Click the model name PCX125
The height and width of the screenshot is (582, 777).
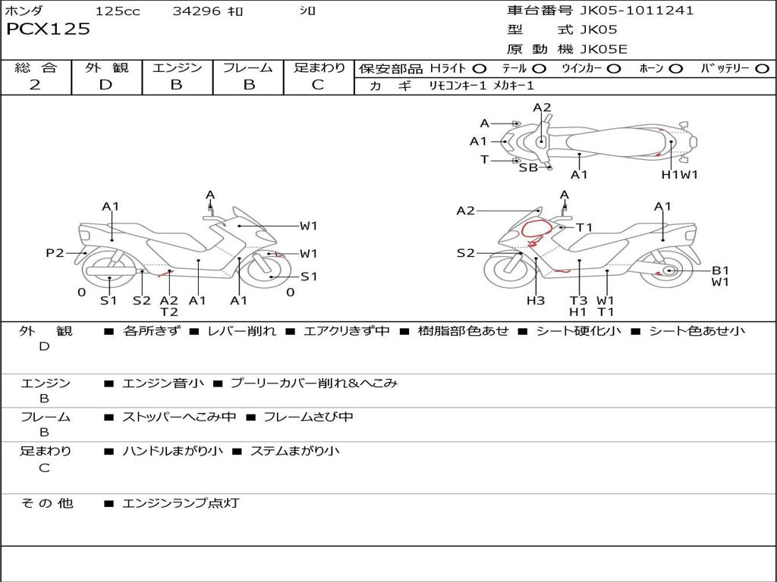(x=48, y=30)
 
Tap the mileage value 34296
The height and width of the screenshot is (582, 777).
(x=196, y=11)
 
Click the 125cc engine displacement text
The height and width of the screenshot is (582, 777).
(x=118, y=11)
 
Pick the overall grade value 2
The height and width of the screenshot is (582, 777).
(x=36, y=84)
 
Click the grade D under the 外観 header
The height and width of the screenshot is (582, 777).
(x=105, y=84)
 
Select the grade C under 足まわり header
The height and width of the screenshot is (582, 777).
(x=318, y=84)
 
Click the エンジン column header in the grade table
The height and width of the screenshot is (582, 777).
(x=177, y=68)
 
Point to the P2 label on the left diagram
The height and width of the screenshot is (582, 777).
(x=55, y=253)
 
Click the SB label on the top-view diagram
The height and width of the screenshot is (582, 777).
(x=528, y=167)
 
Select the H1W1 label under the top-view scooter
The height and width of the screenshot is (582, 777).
(x=679, y=174)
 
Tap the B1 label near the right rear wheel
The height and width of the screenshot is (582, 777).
(x=720, y=270)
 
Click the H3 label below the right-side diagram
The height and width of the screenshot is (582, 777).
(x=536, y=300)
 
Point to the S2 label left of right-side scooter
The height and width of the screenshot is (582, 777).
(x=466, y=253)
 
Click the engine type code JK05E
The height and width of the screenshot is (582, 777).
(x=604, y=49)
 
